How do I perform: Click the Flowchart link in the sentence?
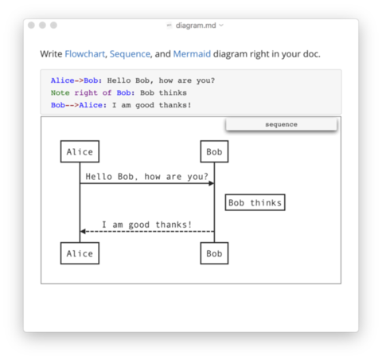point(85,54)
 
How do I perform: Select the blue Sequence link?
point(130,54)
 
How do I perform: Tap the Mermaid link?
point(192,54)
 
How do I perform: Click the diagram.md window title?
point(196,25)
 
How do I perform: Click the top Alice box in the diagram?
point(80,151)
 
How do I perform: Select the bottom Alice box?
point(80,253)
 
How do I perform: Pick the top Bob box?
point(214,151)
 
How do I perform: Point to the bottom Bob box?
point(214,253)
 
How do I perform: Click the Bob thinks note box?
point(255,202)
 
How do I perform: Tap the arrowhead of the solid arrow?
point(212,183)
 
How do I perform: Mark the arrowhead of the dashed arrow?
point(83,232)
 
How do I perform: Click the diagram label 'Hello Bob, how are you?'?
point(146,177)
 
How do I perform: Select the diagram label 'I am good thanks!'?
point(146,225)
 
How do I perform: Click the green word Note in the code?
point(60,92)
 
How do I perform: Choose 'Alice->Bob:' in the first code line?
point(76,80)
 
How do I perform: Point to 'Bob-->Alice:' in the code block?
point(79,105)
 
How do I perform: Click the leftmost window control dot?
point(31,25)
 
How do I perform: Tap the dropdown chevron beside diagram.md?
point(221,25)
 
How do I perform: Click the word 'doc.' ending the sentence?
point(312,54)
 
